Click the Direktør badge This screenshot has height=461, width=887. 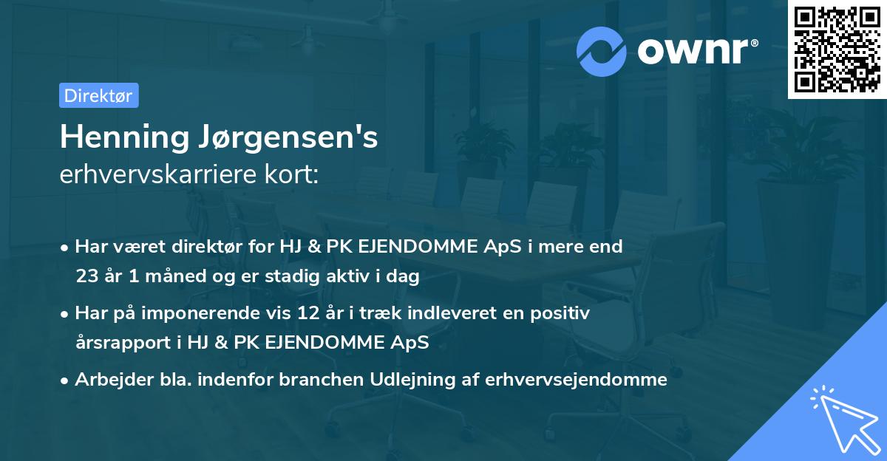(98, 95)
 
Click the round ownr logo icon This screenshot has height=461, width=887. (602, 52)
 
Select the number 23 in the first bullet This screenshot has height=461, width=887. (85, 277)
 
